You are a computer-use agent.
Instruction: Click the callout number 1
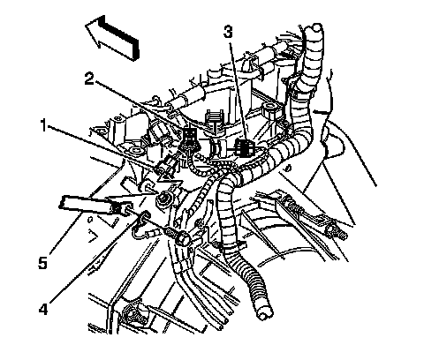[44, 125]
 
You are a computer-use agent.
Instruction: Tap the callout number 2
[90, 79]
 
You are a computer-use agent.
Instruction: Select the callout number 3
[228, 32]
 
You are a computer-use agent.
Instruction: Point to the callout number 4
[43, 309]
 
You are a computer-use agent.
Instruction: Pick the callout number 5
[42, 262]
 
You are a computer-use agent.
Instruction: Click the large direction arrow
[112, 37]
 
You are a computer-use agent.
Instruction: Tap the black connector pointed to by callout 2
[189, 137]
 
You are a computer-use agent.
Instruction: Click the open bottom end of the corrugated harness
[265, 314]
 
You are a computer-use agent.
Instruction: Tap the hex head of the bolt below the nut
[183, 238]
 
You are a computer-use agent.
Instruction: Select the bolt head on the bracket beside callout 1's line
[136, 152]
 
